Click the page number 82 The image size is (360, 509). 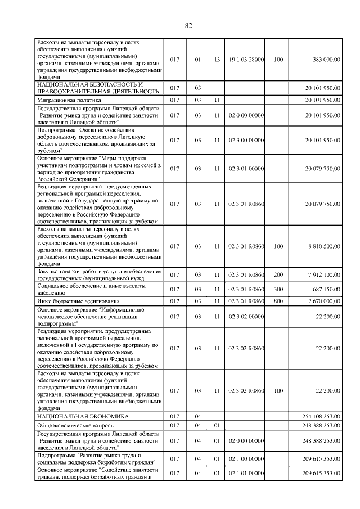(x=188, y=25)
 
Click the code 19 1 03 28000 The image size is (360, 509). (x=246, y=59)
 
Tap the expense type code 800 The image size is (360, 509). (x=278, y=301)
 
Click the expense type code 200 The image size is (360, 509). (x=278, y=275)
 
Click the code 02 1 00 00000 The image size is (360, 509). (x=246, y=458)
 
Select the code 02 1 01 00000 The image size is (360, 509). (x=246, y=473)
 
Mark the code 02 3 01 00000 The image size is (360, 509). (x=246, y=169)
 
